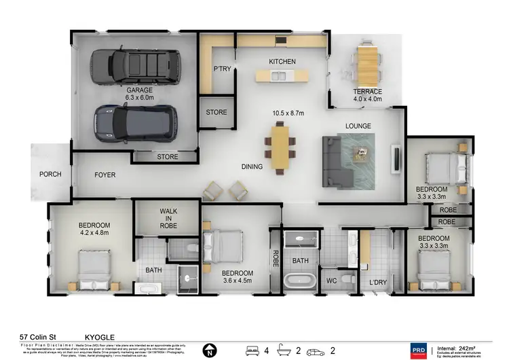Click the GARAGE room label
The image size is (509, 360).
coord(138,90)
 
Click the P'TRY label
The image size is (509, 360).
coord(221,69)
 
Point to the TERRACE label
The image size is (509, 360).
coord(367,91)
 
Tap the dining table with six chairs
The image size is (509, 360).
coord(280,145)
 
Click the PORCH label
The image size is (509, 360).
coord(50,175)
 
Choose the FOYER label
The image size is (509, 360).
coord(105,175)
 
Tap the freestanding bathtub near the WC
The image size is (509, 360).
coord(300,280)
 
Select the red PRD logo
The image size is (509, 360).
coord(418,351)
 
